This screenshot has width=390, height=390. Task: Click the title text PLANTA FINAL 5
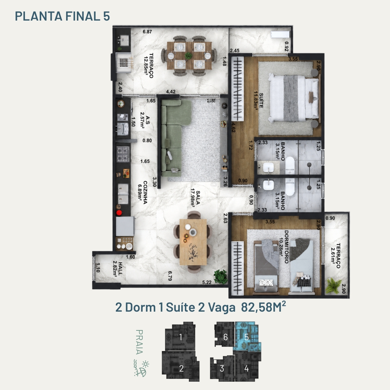(62, 16)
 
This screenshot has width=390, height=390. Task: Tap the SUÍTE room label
(261, 100)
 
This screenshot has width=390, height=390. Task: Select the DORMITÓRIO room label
(286, 247)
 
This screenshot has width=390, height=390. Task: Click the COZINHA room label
(145, 192)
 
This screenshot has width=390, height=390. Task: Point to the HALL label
(120, 269)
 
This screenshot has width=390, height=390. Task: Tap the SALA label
(198, 198)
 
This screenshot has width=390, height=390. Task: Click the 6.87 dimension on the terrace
(147, 31)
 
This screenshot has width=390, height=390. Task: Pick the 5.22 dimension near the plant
(207, 282)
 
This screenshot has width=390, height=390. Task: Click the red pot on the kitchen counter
(119, 213)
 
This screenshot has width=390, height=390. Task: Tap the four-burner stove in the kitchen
(123, 154)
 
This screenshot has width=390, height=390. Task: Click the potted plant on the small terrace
(333, 286)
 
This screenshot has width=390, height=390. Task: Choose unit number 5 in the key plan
(247, 337)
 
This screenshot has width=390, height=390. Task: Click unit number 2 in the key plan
(181, 368)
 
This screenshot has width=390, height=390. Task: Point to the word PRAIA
(139, 342)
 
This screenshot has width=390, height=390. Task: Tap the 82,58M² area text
(263, 307)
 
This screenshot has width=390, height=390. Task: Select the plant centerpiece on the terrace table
(188, 56)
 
